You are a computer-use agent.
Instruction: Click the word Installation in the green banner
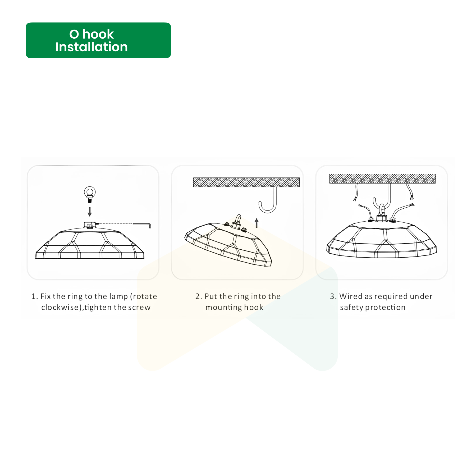91,47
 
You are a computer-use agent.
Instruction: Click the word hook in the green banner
98,34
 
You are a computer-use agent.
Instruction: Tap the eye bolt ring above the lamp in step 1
90,192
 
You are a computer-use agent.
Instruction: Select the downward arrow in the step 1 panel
90,212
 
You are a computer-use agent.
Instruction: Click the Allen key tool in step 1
142,224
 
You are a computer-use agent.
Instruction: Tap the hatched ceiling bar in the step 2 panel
246,182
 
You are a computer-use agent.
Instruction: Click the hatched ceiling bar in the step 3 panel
382,178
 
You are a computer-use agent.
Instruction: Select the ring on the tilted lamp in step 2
238,219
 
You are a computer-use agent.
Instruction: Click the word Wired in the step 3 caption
351,296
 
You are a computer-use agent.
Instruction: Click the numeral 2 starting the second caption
198,296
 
